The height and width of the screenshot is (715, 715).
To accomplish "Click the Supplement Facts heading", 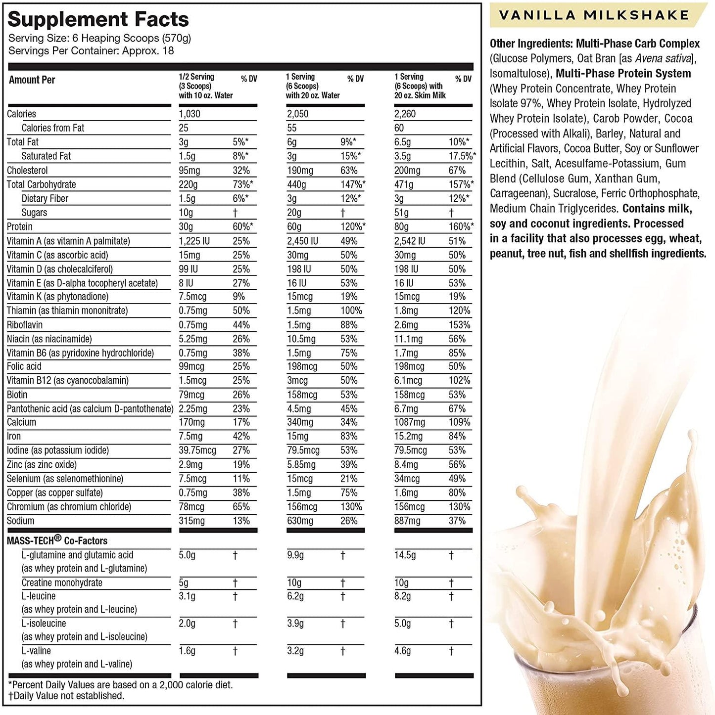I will [98, 19].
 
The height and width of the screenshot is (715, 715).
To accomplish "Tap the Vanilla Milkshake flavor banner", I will [594, 15].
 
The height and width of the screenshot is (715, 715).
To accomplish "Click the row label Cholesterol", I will [27, 171].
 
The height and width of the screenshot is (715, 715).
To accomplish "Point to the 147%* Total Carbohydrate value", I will [353, 184].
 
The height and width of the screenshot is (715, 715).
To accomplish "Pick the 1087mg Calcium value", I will [410, 422].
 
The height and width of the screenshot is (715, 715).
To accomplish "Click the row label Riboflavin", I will [25, 325].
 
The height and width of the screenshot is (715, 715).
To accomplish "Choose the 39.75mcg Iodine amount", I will [197, 450].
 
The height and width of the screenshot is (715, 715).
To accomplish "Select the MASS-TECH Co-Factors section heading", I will [57, 540].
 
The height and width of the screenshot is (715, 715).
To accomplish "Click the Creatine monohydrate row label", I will [62, 582].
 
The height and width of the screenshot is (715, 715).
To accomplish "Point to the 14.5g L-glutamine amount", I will [405, 555].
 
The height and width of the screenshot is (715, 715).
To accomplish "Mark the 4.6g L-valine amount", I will [402, 651].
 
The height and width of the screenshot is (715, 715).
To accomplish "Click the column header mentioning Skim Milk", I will [420, 86].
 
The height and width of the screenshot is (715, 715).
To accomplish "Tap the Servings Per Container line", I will [91, 50].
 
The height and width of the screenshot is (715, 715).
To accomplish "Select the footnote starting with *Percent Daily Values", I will [121, 685].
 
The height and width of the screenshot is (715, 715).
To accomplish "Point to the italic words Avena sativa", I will [663, 58].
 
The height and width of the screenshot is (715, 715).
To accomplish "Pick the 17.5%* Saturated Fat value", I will [462, 156].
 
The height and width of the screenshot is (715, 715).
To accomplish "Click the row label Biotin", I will [17, 395].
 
